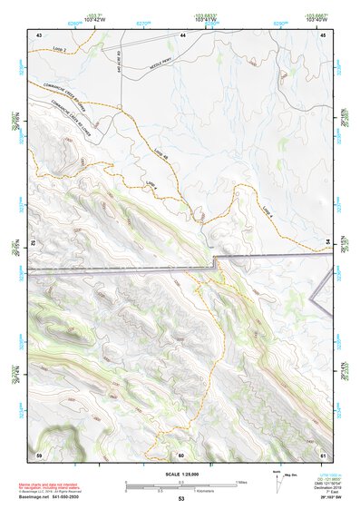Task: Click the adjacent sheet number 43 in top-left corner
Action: pos(39,34)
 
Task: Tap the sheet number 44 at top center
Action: pos(182,34)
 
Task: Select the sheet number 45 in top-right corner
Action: pos(323,34)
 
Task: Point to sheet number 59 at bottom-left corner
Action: pos(39,455)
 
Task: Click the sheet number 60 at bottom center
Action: pos(181,455)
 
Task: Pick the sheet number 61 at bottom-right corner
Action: pos(323,455)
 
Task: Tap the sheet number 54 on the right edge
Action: pos(327,240)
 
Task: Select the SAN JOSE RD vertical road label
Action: pos(119,62)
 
